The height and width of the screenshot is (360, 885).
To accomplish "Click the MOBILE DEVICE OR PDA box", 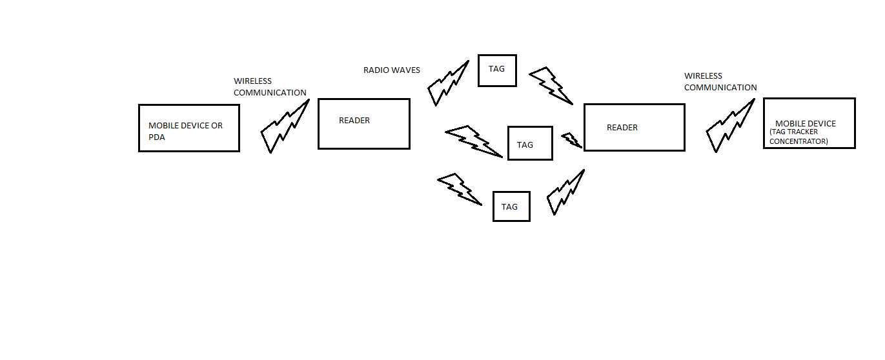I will pyautogui.click(x=188, y=128).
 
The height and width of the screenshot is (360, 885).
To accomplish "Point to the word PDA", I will pyautogui.click(x=157, y=137).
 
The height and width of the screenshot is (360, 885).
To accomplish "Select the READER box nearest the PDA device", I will pyautogui.click(x=363, y=123).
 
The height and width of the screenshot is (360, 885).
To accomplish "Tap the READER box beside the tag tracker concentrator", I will pyautogui.click(x=634, y=128).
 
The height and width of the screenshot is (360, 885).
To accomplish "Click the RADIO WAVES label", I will pyautogui.click(x=391, y=70).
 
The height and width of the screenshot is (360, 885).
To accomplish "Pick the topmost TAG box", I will pyautogui.click(x=497, y=70).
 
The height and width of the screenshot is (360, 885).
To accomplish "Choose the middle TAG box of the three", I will pyautogui.click(x=530, y=143).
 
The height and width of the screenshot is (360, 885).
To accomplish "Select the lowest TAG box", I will pyautogui.click(x=511, y=206).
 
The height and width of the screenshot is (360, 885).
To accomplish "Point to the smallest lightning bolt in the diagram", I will pyautogui.click(x=571, y=140).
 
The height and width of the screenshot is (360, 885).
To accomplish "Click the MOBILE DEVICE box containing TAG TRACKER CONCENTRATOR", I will pyautogui.click(x=809, y=123).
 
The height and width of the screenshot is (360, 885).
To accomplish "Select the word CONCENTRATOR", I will pyautogui.click(x=799, y=141).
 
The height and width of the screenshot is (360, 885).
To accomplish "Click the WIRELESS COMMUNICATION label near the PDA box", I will pyautogui.click(x=270, y=87).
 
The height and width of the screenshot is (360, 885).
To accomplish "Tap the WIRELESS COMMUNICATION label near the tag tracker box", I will pyautogui.click(x=720, y=82).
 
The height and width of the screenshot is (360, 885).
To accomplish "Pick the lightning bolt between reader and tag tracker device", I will pyautogui.click(x=730, y=126).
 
